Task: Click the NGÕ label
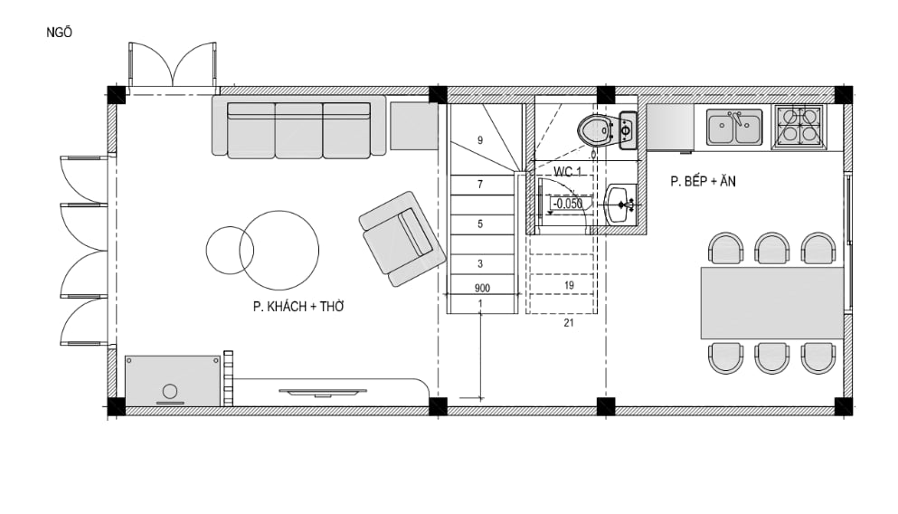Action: click(x=59, y=33)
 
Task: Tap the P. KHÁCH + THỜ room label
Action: click(x=298, y=307)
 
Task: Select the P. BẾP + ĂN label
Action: click(x=703, y=181)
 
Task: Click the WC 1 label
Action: click(x=567, y=171)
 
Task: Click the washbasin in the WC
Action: click(x=620, y=204)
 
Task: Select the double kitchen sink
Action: click(x=734, y=128)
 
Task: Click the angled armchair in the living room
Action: click(x=402, y=239)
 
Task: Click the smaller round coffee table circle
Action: click(x=230, y=250)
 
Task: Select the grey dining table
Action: click(x=772, y=302)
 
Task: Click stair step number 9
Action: click(x=480, y=140)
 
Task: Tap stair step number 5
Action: click(x=480, y=224)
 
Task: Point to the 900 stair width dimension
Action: click(x=482, y=289)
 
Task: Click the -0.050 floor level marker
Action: click(x=567, y=204)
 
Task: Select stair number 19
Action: click(x=569, y=285)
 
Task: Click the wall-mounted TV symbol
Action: click(x=323, y=392)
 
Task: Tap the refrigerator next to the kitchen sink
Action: click(x=670, y=128)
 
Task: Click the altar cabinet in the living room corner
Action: click(x=173, y=380)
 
